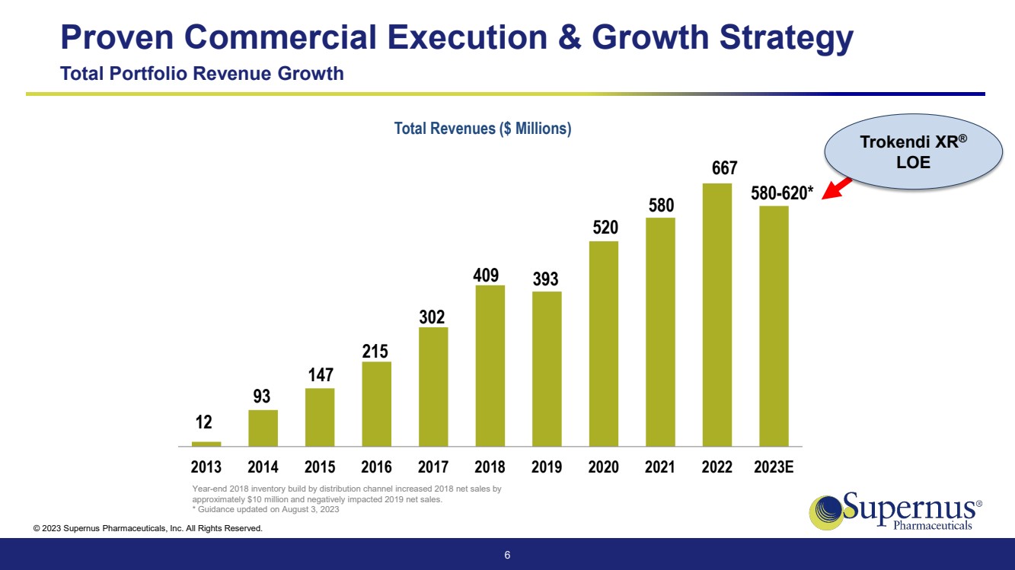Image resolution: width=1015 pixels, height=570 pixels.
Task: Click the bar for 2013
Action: click(x=206, y=444)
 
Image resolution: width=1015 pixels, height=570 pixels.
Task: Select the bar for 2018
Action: click(x=490, y=365)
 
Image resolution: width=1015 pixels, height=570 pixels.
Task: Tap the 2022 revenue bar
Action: click(x=717, y=314)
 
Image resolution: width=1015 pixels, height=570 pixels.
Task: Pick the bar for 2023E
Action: click(x=774, y=326)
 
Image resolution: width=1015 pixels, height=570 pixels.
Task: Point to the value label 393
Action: click(x=546, y=279)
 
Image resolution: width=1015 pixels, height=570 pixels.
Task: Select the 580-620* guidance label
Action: click(x=782, y=193)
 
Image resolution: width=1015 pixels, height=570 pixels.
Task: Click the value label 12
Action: click(x=204, y=422)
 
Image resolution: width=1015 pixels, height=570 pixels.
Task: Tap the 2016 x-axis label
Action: click(x=376, y=467)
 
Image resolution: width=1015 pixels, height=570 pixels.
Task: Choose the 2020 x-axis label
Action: click(x=603, y=467)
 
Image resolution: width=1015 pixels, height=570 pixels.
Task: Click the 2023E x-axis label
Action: click(x=774, y=467)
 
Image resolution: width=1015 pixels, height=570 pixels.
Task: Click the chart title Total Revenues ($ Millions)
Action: click(x=483, y=129)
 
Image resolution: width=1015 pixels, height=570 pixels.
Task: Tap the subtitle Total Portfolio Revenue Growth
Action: click(x=202, y=74)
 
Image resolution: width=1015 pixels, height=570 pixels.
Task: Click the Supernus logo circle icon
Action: click(x=825, y=510)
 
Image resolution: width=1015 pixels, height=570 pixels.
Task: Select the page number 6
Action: click(x=507, y=555)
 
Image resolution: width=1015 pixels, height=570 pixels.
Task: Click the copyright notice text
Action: click(x=148, y=528)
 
